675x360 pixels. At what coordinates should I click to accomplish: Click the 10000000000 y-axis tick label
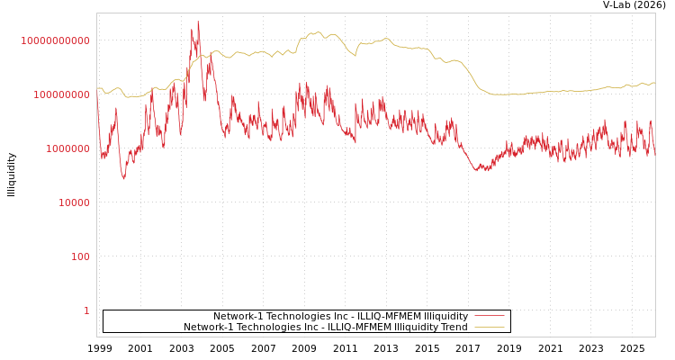[56, 40]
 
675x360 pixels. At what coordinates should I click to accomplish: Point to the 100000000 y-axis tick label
[61, 94]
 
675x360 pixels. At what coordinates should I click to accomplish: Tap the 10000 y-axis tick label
[73, 202]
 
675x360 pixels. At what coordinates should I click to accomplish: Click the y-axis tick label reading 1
[86, 310]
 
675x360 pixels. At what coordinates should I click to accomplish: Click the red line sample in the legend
[489, 316]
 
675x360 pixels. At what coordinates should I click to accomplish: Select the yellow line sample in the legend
[489, 327]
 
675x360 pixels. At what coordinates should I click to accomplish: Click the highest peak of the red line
[198, 22]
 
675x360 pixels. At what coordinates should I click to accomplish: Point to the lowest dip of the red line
[124, 178]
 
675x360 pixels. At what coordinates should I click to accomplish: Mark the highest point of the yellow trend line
[318, 32]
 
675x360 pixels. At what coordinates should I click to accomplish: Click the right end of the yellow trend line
[654, 83]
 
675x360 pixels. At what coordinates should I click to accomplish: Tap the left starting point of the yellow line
[97, 88]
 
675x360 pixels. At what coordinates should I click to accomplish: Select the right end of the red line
[654, 155]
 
